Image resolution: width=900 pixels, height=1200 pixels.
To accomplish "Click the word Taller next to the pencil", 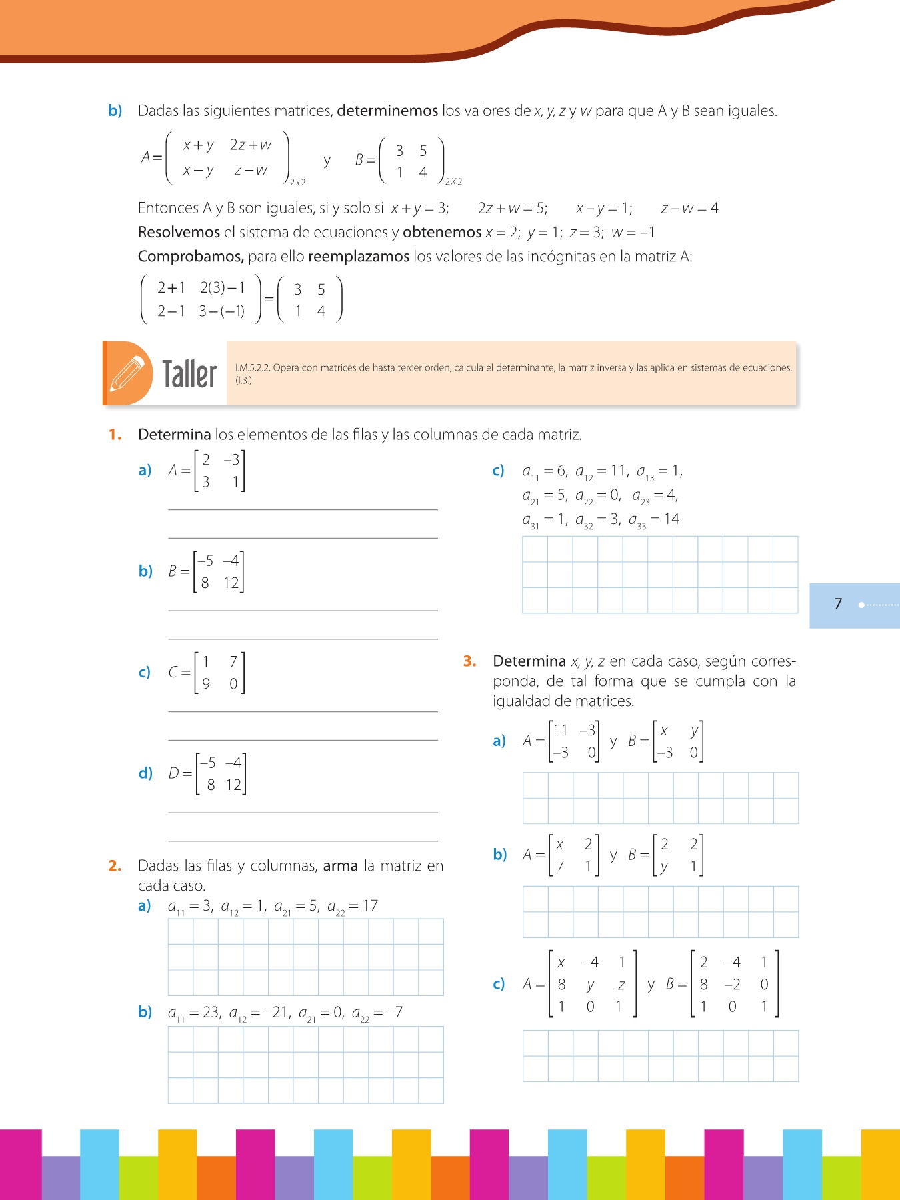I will tap(189, 374).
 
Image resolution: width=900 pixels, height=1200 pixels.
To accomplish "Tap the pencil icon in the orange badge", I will tap(127, 373).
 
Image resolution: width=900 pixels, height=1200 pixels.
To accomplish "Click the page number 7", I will tap(838, 604).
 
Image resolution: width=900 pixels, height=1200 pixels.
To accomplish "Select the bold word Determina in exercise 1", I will tap(174, 435).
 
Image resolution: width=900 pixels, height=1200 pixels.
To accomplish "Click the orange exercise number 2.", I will tap(114, 865).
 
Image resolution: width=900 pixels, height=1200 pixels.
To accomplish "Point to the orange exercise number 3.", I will tap(469, 661).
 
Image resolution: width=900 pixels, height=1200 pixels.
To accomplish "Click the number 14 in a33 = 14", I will tap(671, 519).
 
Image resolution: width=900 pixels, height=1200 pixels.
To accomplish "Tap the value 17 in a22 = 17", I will tap(370, 905).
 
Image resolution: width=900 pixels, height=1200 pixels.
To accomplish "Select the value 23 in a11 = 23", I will tap(211, 1012).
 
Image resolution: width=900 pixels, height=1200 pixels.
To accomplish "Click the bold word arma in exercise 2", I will tap(341, 865).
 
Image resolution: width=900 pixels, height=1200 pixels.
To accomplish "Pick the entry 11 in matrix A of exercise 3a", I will tap(560, 730).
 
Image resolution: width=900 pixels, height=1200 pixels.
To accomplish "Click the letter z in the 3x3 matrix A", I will tap(621, 985).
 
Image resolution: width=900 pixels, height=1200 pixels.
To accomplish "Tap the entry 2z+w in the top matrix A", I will tap(251, 145).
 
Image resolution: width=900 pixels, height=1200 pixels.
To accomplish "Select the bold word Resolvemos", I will tap(179, 232).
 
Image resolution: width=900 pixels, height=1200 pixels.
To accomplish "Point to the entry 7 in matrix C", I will tap(233, 661).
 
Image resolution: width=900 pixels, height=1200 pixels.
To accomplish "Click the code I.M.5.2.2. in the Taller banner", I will tap(253, 367).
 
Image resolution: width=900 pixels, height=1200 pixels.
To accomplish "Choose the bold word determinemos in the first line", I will tap(387, 111).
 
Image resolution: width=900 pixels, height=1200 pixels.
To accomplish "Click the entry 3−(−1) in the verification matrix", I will tap(222, 311).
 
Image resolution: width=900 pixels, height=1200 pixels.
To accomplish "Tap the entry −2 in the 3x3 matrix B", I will tap(732, 985).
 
